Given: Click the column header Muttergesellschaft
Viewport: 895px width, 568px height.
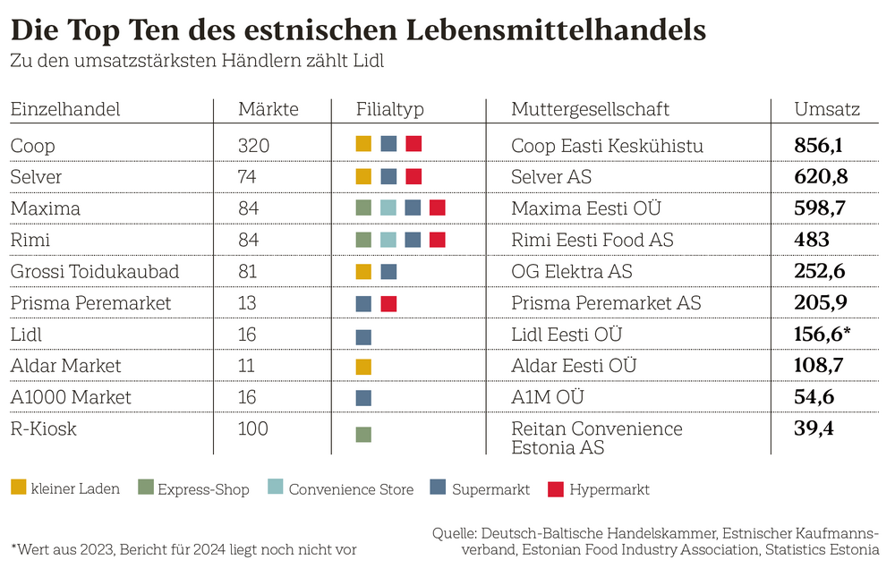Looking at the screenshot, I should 590,110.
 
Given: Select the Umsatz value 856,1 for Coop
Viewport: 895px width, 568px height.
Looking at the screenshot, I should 819,145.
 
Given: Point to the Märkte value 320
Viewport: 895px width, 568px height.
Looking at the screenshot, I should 253,145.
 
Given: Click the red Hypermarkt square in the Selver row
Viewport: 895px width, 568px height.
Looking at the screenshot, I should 413,176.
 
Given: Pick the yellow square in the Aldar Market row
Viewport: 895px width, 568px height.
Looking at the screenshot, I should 363,367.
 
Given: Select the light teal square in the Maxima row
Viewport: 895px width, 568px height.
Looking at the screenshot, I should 388,208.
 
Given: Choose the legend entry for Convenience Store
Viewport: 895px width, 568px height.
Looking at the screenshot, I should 341,488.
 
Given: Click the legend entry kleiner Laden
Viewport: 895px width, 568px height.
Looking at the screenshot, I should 65,488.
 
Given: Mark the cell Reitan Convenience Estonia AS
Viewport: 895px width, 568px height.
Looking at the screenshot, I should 596,438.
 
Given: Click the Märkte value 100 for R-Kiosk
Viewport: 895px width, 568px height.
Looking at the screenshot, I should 253,429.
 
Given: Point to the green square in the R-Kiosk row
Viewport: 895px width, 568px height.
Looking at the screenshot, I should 363,435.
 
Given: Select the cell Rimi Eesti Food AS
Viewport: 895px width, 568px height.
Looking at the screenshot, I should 592,240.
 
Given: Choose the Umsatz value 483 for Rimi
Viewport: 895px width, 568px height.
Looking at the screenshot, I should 812,240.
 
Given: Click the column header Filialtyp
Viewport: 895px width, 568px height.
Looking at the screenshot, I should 389,110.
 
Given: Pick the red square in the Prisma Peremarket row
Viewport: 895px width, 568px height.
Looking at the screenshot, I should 388,303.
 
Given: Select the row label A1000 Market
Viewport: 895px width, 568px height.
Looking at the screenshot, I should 71,397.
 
